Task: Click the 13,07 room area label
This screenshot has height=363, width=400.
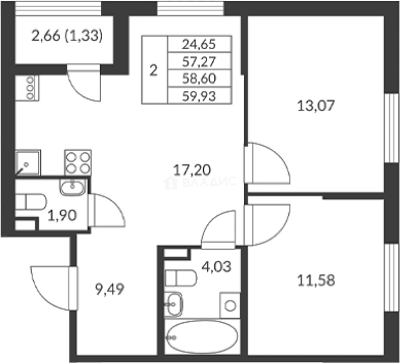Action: pos(316,106)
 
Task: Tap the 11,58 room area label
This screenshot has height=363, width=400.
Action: pos(316,280)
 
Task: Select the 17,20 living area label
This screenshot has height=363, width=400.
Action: pos(192,170)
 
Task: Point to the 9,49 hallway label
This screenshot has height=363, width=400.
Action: pos(109,289)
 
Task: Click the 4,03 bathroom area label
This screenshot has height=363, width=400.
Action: pos(216,267)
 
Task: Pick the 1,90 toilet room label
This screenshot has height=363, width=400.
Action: pos(62,216)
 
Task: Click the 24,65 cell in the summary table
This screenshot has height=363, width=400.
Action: pos(199,44)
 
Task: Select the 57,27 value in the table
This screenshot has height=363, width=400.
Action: pos(199,62)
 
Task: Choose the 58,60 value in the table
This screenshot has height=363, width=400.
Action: pos(199,79)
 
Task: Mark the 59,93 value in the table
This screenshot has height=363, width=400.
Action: pos(199,96)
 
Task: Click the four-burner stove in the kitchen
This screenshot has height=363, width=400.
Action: pos(78,163)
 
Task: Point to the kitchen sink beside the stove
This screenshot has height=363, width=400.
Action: pos(28,163)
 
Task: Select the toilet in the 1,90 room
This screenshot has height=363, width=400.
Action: pos(31,202)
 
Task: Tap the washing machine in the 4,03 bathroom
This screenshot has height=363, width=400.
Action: pos(230,306)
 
